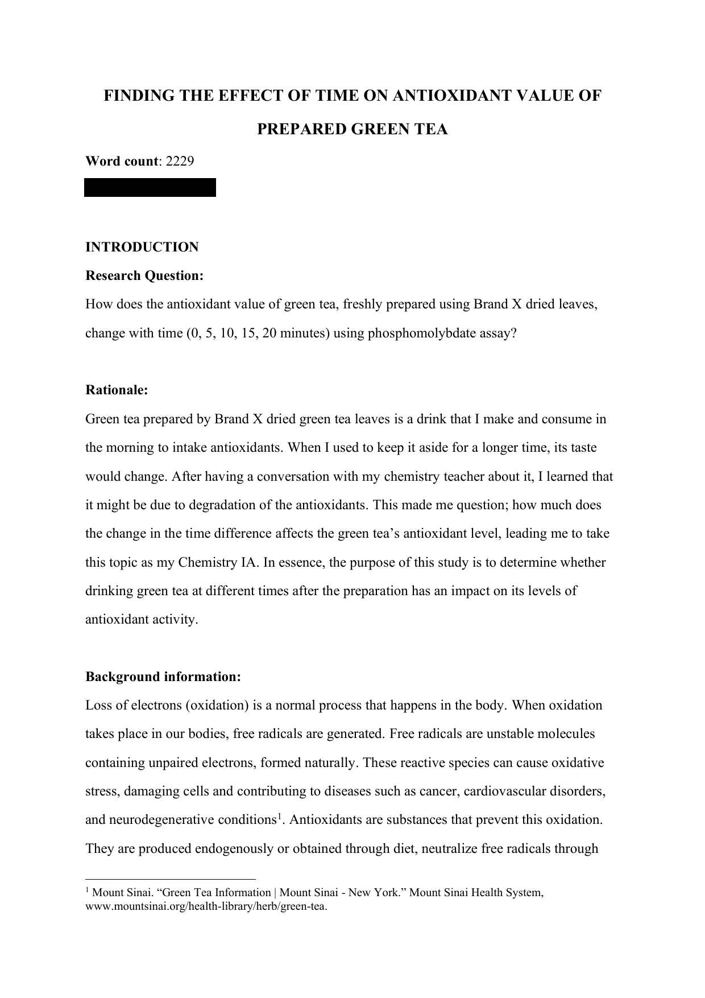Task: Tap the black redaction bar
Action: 150,187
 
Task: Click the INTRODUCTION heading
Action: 142,247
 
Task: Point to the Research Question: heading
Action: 144,276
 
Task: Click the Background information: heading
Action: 163,677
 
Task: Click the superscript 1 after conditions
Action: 279,816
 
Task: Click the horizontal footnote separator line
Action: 171,879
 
